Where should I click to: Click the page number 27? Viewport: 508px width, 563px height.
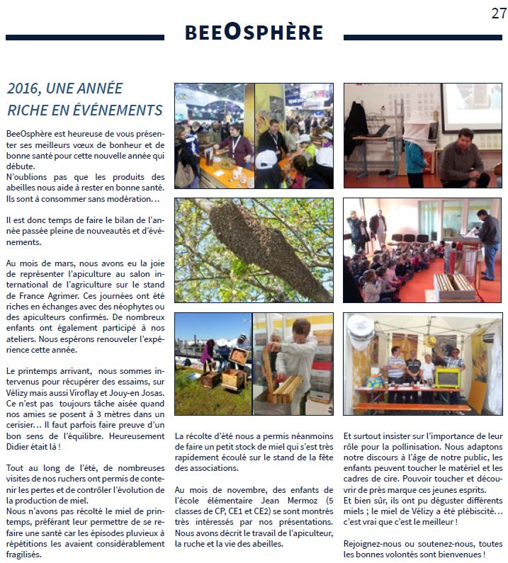[498, 13]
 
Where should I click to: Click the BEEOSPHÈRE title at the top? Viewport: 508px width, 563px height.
[254, 33]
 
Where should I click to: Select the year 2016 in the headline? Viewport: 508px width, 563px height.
[25, 89]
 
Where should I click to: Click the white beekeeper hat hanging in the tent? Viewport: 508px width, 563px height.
[361, 332]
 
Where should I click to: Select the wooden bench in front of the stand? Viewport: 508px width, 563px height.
[412, 406]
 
